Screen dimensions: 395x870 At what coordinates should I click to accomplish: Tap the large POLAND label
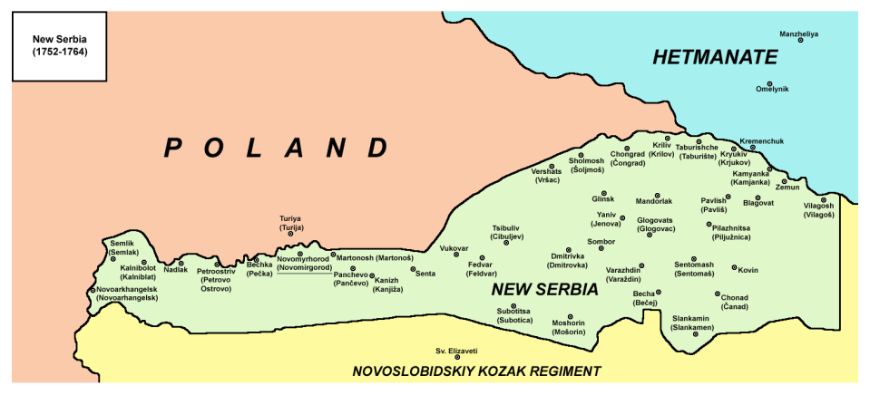277,148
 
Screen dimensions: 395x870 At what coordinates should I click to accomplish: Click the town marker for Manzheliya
799,42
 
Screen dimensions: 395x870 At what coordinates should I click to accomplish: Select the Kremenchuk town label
761,140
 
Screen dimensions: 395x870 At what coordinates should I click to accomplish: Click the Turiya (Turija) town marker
290,234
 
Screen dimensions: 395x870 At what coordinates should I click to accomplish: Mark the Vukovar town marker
456,255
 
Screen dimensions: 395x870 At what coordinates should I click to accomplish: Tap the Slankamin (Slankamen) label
692,323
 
